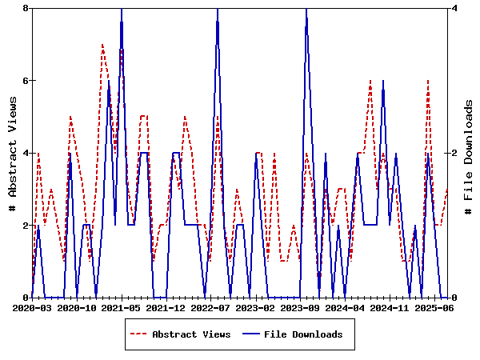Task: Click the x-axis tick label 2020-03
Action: point(32,307)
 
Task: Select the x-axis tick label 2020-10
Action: point(77,307)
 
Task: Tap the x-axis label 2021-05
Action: point(122,307)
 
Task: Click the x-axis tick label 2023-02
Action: point(256,307)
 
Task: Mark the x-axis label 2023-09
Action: point(301,307)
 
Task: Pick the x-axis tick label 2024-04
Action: point(346,307)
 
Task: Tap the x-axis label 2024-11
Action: point(390,307)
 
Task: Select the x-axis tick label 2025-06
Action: point(435,307)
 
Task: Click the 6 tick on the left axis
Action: point(26,81)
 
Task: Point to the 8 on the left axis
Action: point(26,8)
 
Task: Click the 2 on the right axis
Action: point(454,153)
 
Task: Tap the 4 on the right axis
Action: point(454,8)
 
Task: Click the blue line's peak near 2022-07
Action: point(218,9)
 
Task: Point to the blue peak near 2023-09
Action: point(306,9)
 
